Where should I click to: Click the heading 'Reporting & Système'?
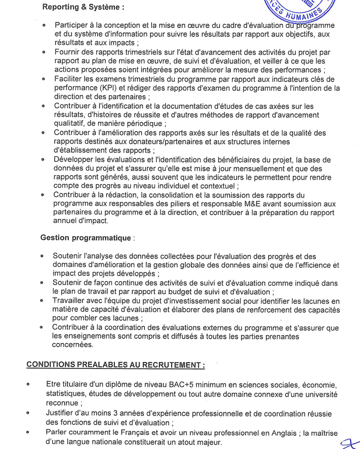click(83, 8)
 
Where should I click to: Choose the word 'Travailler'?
click(70, 301)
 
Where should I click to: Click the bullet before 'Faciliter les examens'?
click(44, 79)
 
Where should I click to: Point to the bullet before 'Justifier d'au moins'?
click(28, 414)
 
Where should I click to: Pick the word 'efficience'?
click(313, 265)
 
